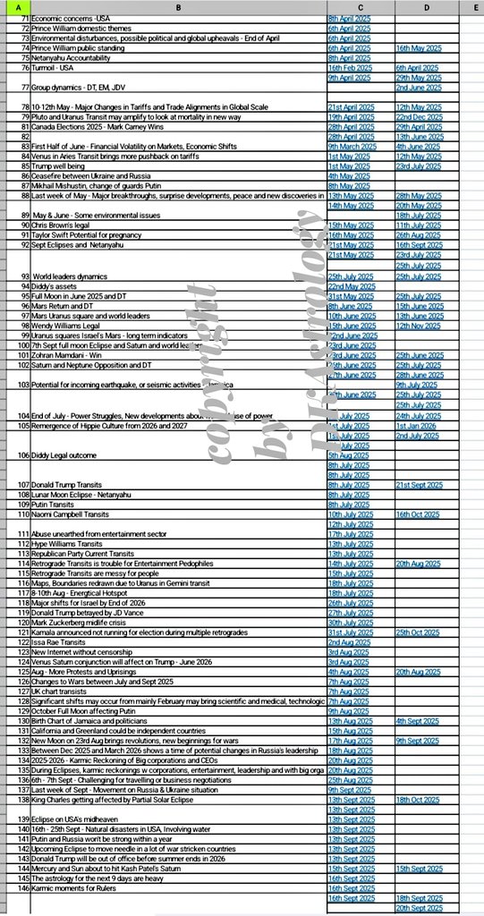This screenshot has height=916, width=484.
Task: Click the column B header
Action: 178,8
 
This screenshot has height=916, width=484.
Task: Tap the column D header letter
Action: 428,8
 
